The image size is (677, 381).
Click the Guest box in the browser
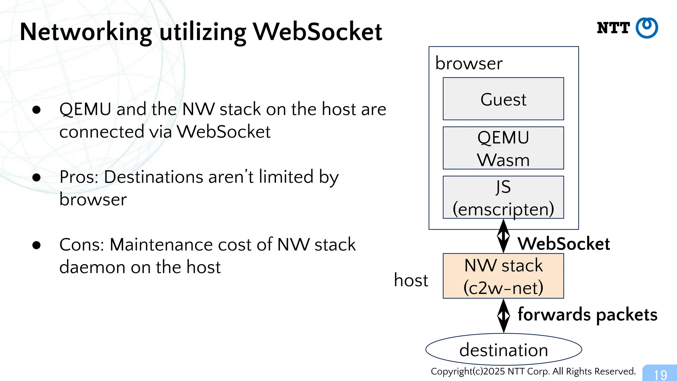click(503, 99)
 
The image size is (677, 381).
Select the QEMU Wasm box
click(503, 148)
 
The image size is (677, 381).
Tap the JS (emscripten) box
click(503, 197)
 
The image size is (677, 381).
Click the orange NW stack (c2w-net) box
click(503, 276)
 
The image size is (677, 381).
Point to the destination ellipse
click(503, 350)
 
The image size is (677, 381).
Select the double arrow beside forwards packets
click(503, 316)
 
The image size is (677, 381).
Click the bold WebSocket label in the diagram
click(563, 244)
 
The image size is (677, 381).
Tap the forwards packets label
click(587, 315)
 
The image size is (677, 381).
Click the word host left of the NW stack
click(411, 280)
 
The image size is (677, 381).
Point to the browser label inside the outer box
click(469, 63)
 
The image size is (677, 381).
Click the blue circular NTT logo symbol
click(647, 28)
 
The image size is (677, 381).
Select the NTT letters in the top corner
click(613, 28)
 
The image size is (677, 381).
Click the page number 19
click(660, 375)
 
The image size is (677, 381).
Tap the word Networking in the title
click(86, 32)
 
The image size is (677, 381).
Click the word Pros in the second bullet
click(78, 177)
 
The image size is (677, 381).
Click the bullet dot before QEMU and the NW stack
click(36, 110)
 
